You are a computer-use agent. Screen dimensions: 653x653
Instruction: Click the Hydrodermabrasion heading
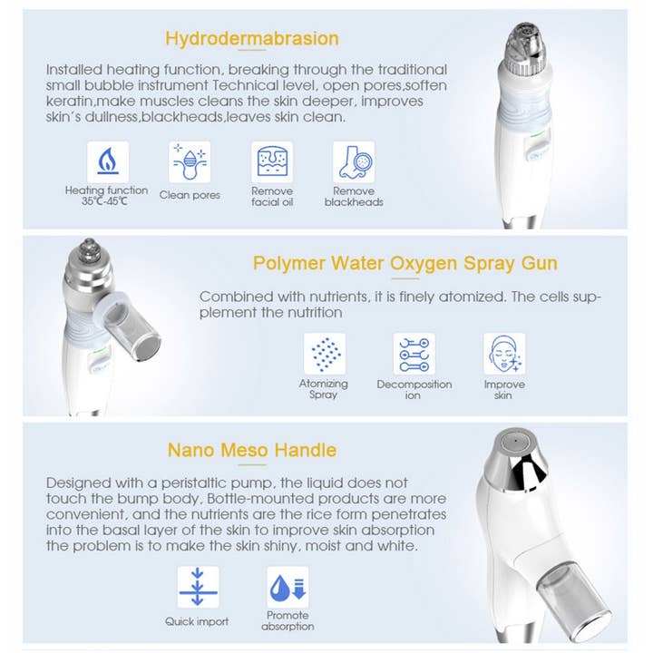[252, 38]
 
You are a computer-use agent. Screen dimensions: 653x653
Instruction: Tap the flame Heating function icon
[107, 161]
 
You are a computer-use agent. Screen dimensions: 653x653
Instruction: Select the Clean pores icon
[190, 161]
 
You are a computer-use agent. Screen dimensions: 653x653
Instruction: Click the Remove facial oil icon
[272, 161]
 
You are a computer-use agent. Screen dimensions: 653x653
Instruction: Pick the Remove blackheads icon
[354, 161]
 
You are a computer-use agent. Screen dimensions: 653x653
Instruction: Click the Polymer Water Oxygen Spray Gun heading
[404, 263]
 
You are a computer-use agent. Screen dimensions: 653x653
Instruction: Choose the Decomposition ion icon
[414, 354]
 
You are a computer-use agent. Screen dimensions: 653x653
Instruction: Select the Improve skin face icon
[503, 354]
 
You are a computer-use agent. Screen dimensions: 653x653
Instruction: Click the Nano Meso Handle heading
[252, 450]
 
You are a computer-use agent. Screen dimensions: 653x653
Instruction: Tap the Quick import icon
[198, 587]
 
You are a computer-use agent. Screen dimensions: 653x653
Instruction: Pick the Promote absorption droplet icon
[288, 587]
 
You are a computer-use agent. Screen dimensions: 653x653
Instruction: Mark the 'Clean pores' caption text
[190, 195]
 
